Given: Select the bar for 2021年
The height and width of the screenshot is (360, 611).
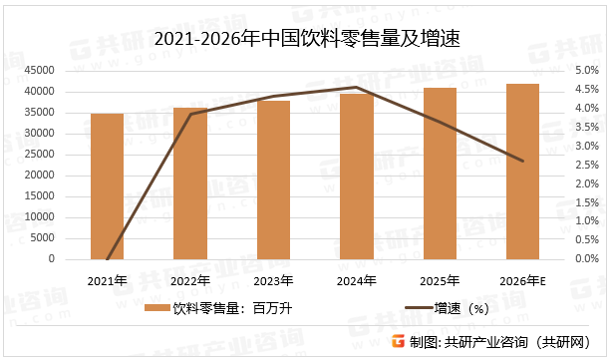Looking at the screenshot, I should click(107, 186).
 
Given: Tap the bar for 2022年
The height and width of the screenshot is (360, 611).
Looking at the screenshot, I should click(190, 183).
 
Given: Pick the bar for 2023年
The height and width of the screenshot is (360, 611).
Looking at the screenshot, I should click(273, 180).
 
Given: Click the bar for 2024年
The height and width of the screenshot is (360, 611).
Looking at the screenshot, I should click(357, 177).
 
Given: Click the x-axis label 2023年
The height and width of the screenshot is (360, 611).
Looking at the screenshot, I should click(273, 280).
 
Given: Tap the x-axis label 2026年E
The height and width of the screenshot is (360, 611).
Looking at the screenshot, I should click(523, 280).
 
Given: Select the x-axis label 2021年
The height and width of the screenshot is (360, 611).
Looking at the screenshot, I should click(107, 280).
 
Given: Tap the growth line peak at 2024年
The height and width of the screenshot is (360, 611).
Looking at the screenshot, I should click(357, 88).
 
